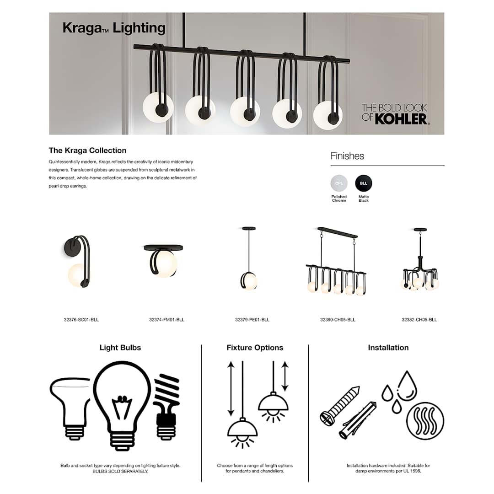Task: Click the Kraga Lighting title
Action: (114, 28)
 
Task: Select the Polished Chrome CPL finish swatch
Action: (339, 183)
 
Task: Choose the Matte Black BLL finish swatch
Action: (364, 183)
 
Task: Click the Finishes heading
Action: (347, 156)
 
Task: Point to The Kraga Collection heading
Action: (87, 150)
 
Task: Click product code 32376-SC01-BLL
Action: (81, 320)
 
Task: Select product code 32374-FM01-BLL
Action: (166, 320)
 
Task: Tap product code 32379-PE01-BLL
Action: (252, 320)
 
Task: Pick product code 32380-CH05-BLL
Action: (338, 320)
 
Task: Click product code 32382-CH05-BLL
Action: (419, 320)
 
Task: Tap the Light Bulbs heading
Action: (120, 348)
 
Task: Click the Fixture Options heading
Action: (255, 348)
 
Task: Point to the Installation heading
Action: (388, 348)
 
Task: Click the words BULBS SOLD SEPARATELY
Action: (120, 471)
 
